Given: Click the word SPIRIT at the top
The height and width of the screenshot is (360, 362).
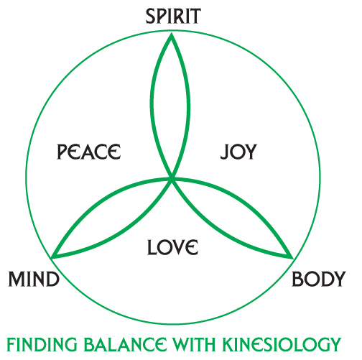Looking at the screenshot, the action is point(173,16).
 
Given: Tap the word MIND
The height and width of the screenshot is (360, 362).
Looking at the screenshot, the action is point(34,279).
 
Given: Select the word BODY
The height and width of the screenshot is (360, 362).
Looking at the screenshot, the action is point(319,279).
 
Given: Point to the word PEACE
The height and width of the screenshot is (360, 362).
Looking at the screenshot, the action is point(89,152).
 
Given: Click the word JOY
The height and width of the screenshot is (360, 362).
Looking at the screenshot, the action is point(238,152).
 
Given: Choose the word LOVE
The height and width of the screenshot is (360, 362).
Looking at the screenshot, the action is point(172,247).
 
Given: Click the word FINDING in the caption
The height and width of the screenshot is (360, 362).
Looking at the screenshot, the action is point(42,344).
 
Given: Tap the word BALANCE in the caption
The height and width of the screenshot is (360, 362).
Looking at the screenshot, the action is point(125,344).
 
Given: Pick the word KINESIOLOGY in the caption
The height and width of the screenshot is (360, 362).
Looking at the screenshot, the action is point(282,344).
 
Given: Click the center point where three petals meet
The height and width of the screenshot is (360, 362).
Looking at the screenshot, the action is point(172,178).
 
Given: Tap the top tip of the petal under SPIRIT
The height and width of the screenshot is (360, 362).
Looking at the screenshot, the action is point(172,34).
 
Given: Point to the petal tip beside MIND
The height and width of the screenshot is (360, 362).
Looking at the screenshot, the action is point(53,257).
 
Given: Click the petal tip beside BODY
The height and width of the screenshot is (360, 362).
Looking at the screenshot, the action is point(292,258).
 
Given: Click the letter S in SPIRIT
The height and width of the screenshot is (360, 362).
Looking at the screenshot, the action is point(151,16).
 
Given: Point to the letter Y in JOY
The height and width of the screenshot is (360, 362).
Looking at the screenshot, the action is point(251,152).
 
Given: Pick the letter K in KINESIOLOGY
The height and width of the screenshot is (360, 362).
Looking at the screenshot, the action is point(228,344).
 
